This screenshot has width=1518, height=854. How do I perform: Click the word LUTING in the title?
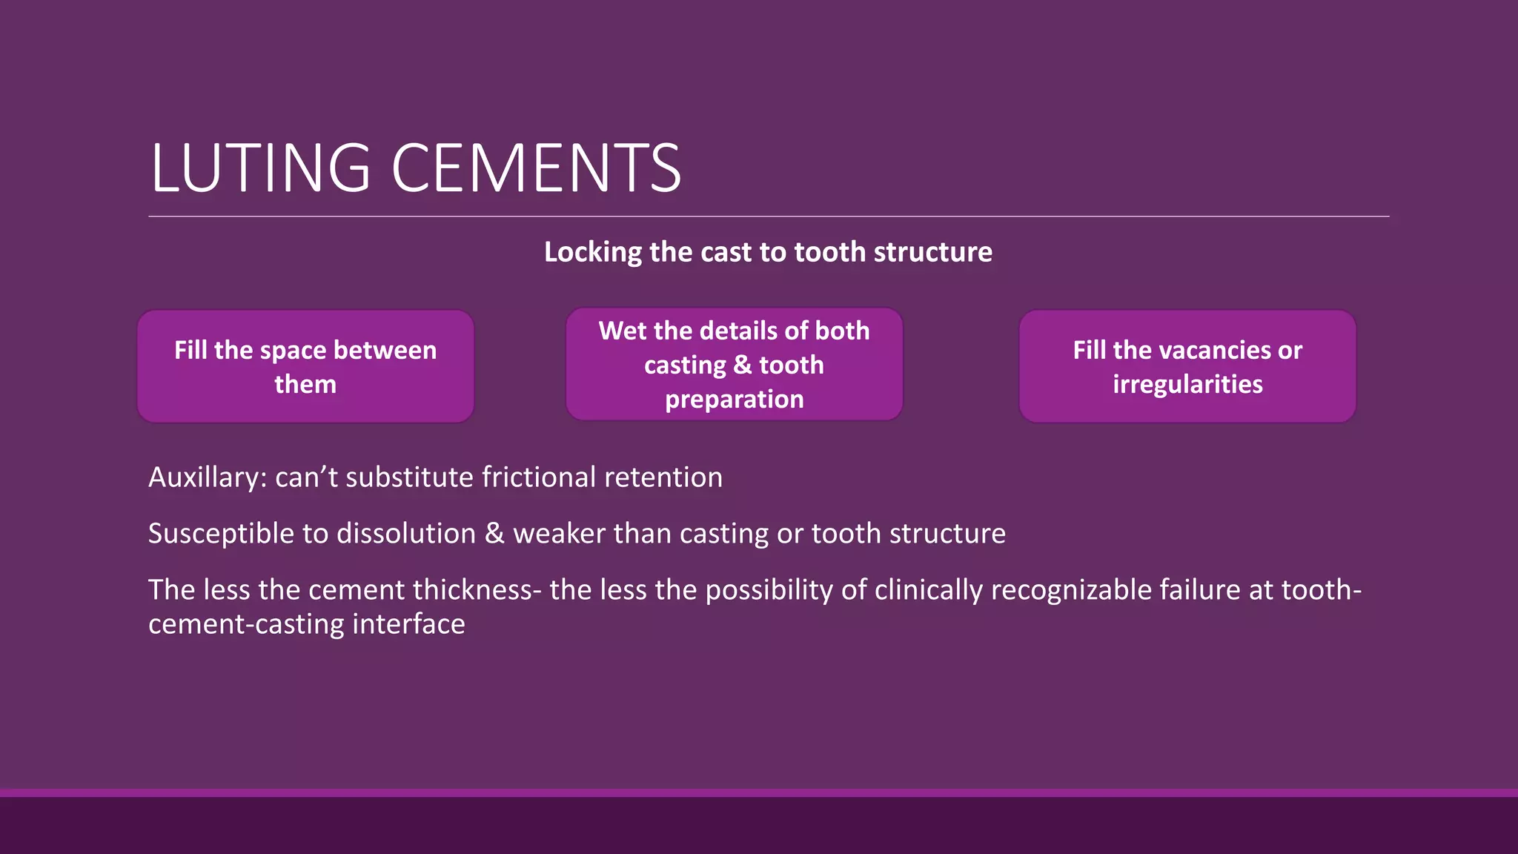tap(260, 169)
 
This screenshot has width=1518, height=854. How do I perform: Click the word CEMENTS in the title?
tap(535, 169)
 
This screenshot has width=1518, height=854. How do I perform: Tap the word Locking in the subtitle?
tap(593, 253)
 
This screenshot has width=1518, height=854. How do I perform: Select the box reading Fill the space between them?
tap(305, 366)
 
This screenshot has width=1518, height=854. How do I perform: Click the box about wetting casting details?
tap(734, 365)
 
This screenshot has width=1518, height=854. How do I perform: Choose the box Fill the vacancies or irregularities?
tap(1187, 366)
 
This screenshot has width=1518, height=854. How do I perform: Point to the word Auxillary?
tap(207, 477)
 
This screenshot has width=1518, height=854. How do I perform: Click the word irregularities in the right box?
tap(1187, 385)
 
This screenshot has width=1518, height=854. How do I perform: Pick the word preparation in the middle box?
tap(734, 400)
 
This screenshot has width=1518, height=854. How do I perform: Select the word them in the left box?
tap(305, 385)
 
